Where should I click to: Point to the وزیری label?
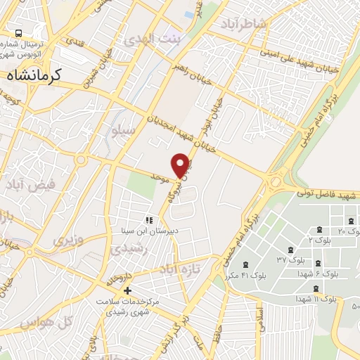click(67, 240)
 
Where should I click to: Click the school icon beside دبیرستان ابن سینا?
click(148, 220)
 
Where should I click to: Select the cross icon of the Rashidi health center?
click(127, 290)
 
